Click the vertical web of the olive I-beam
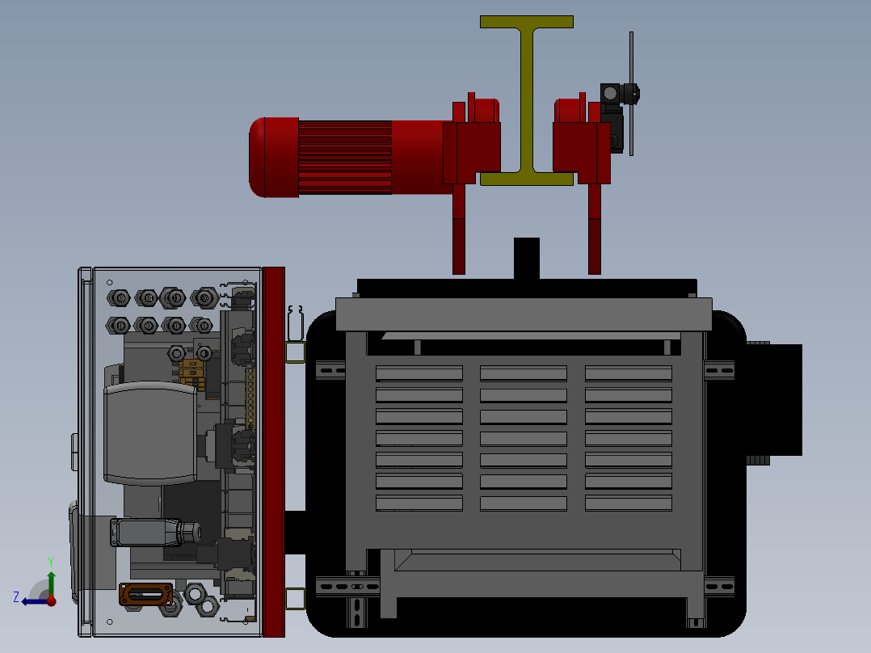pyautogui.click(x=527, y=100)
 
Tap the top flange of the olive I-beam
pyautogui.click(x=527, y=22)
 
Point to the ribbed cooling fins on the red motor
pyautogui.click(x=345, y=158)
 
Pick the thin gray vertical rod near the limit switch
pyautogui.click(x=632, y=94)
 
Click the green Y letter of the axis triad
pyautogui.click(x=51, y=562)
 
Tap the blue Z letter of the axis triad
pyautogui.click(x=16, y=597)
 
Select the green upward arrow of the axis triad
pyautogui.click(x=51, y=584)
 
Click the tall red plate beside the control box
pyautogui.click(x=273, y=452)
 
